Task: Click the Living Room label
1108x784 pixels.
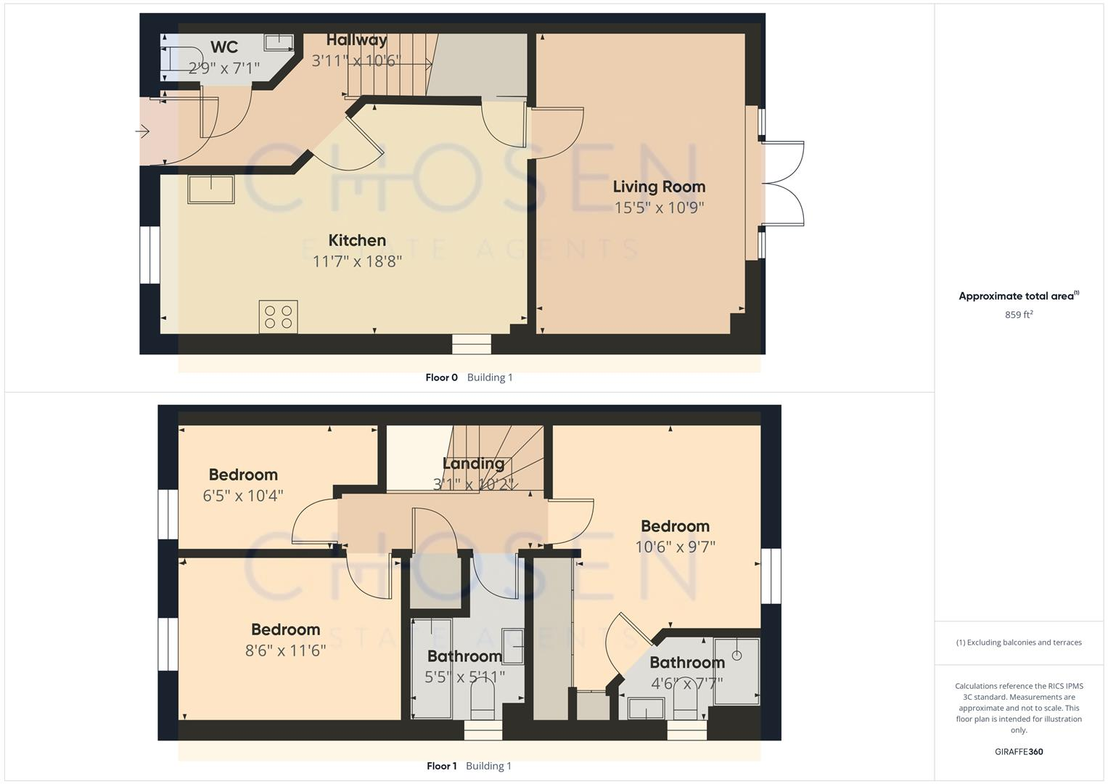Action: click(659, 187)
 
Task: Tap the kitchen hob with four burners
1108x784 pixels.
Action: click(278, 317)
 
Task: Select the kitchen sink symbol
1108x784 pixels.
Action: click(211, 189)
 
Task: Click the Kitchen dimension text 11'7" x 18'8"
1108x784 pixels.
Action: click(357, 261)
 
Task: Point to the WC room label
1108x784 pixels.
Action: click(224, 47)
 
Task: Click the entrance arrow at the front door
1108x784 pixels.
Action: click(142, 131)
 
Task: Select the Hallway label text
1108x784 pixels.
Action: click(356, 40)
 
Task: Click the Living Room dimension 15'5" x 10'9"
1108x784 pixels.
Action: click(659, 208)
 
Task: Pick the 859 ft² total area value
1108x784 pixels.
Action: click(1019, 315)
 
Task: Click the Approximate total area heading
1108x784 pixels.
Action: click(1019, 296)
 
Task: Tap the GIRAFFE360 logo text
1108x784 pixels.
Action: click(1019, 752)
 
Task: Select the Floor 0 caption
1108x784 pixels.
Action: click(441, 377)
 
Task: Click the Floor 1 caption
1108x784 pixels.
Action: click(441, 766)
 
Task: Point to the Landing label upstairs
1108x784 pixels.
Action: click(473, 463)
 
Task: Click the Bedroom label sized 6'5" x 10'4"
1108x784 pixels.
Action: click(243, 475)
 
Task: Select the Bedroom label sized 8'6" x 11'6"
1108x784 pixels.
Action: click(285, 629)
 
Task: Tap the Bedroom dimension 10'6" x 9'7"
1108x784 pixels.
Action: click(675, 547)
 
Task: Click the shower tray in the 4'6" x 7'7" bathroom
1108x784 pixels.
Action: click(736, 671)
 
